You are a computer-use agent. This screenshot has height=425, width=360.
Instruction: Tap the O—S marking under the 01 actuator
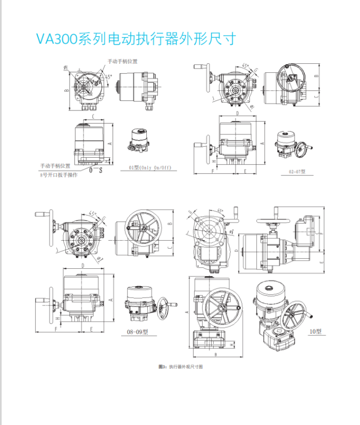point(96,170)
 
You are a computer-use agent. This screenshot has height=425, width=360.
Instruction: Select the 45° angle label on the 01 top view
point(108,78)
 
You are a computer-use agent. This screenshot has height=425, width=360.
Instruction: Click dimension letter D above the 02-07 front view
point(238,113)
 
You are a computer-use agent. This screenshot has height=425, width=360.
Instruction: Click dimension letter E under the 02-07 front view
point(245,171)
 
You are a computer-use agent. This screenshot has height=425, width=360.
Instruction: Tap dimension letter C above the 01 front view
point(93,116)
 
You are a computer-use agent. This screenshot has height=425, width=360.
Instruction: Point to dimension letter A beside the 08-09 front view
point(110,299)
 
